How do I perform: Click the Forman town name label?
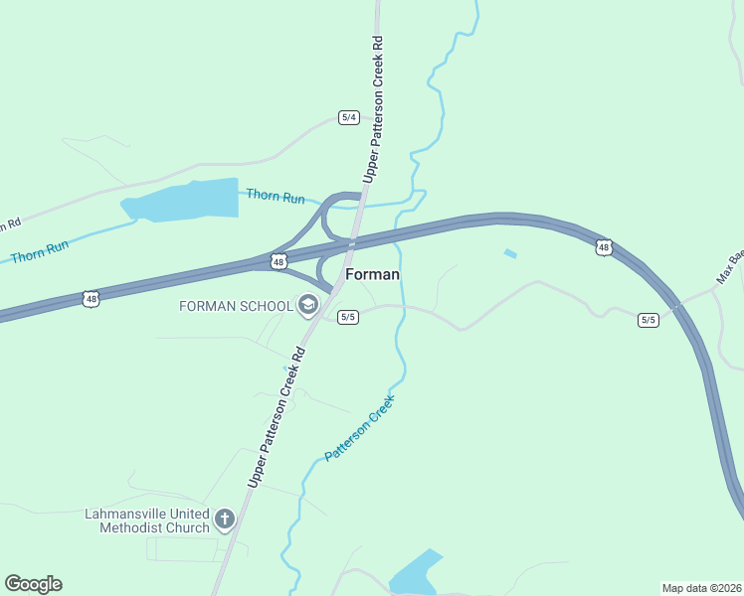[x=372, y=274]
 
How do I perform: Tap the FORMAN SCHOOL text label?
[x=236, y=305]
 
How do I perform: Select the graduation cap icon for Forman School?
[x=307, y=305]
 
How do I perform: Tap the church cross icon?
[x=225, y=519]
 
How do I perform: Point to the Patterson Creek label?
[x=360, y=428]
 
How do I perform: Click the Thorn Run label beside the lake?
[x=276, y=198]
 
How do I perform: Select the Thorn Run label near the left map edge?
[x=40, y=250]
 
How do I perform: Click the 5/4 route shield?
[x=348, y=117]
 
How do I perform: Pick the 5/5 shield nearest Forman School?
[x=347, y=317]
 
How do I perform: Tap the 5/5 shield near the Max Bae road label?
[x=649, y=319]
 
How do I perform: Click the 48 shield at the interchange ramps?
[x=279, y=262]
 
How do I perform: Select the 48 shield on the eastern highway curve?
[x=604, y=247]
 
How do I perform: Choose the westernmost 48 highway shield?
[x=92, y=298]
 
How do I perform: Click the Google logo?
[x=33, y=584]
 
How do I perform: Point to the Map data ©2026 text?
[x=701, y=588]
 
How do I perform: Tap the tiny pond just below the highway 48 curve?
[x=510, y=253]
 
